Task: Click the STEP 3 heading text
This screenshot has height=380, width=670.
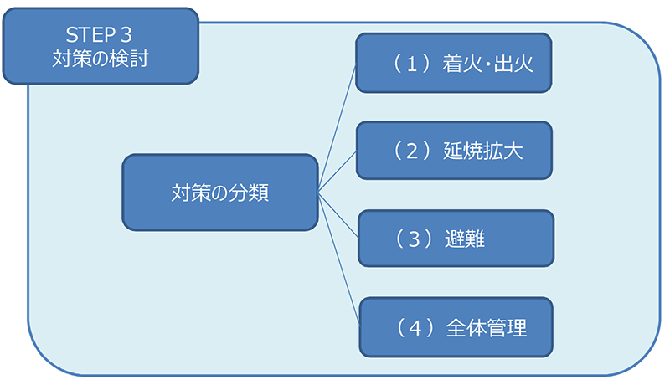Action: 99,36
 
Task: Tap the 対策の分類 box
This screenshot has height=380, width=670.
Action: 219,192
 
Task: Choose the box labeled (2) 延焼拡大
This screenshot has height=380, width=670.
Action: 454,151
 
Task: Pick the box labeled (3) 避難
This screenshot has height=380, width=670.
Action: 456,239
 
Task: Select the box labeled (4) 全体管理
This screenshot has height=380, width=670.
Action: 456,327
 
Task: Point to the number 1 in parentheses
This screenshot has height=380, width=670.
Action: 411,63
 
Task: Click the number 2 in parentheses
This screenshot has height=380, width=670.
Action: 411,151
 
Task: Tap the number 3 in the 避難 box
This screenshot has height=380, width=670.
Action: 412,239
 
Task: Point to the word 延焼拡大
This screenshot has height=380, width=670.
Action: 484,151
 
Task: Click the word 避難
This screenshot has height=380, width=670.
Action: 466,239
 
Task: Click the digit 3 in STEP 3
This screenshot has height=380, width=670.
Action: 126,36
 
